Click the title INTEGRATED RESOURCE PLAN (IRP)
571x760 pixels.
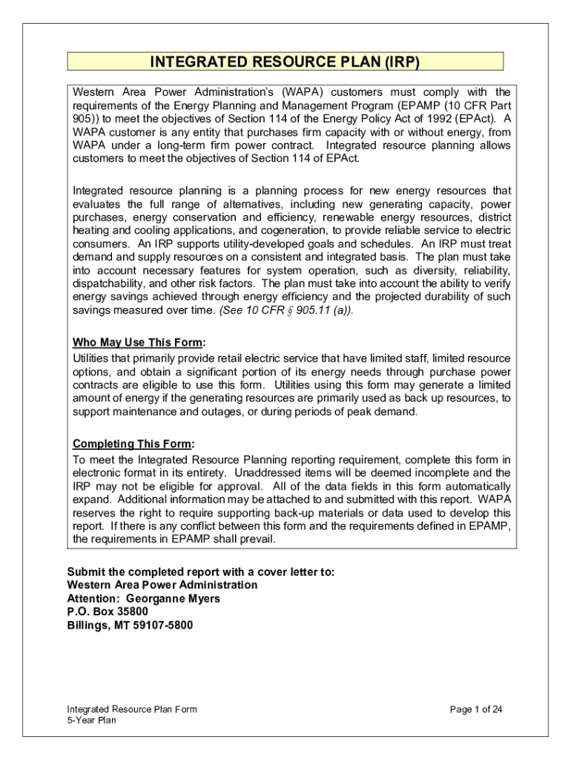pos(285,62)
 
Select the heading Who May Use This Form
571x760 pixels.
pos(137,343)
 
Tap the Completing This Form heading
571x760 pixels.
pos(132,445)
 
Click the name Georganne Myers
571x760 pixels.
pos(174,598)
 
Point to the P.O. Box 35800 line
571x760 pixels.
pos(108,612)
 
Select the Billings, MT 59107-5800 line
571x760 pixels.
pos(130,625)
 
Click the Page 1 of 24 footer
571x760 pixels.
pos(476,710)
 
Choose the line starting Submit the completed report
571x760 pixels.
pos(201,571)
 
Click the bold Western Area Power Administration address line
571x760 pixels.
pos(162,585)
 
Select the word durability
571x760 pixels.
pos(454,297)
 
